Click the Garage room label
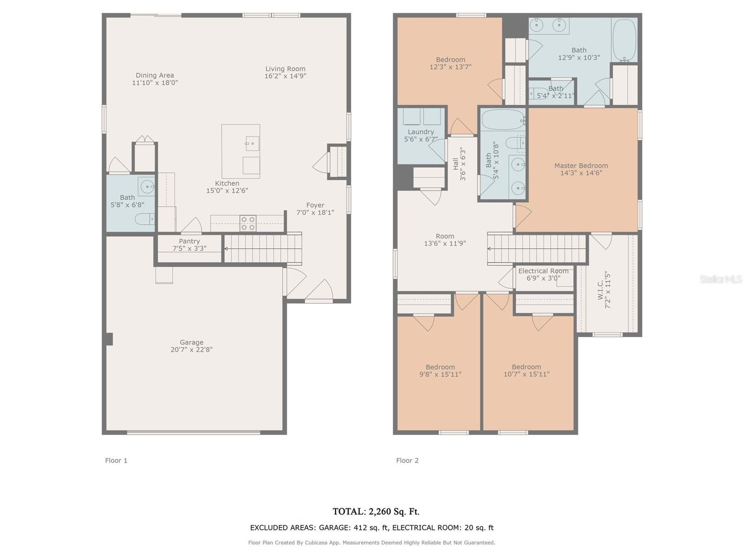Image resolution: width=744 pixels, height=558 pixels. point(192,342)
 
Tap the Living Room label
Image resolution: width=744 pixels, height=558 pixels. point(285,69)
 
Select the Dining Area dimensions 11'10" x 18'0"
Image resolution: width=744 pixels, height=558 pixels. point(155,83)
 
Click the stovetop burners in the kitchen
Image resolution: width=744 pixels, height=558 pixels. point(248,223)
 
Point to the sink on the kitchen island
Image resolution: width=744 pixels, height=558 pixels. point(252,143)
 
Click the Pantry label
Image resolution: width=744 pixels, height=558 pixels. point(189,241)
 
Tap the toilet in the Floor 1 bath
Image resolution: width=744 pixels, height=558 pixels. point(145,219)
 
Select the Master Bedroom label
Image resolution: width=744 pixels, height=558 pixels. point(581,166)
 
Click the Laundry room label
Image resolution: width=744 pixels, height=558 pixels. point(421,132)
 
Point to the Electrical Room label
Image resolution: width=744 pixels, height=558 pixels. point(543,271)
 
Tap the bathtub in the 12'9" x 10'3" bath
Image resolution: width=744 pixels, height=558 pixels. point(624,40)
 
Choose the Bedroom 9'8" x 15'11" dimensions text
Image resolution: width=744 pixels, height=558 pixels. point(440,374)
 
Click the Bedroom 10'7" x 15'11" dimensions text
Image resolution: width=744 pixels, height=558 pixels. point(526,374)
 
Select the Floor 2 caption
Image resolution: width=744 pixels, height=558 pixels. point(407,460)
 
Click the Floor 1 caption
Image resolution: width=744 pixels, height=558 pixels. point(116,460)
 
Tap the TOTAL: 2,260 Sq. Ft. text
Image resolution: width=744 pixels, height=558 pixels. point(376,511)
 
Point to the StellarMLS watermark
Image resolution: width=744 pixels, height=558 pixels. point(721,279)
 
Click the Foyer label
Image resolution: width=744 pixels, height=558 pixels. point(315,205)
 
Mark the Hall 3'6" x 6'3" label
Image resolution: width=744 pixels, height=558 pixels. point(459,164)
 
